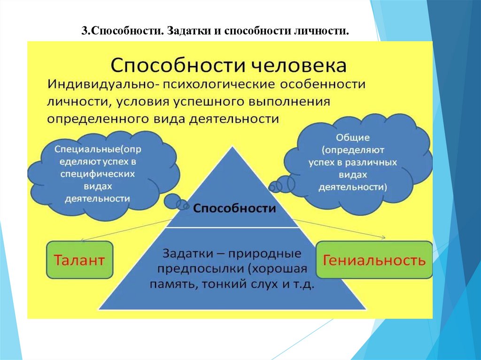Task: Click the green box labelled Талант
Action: [x=80, y=260]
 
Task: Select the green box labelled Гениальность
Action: [x=374, y=260]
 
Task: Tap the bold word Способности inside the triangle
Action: [x=235, y=208]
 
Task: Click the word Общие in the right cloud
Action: [x=353, y=138]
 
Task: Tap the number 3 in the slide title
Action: [x=84, y=32]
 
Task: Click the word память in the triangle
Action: [x=171, y=285]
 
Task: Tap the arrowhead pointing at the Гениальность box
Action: [x=385, y=238]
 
